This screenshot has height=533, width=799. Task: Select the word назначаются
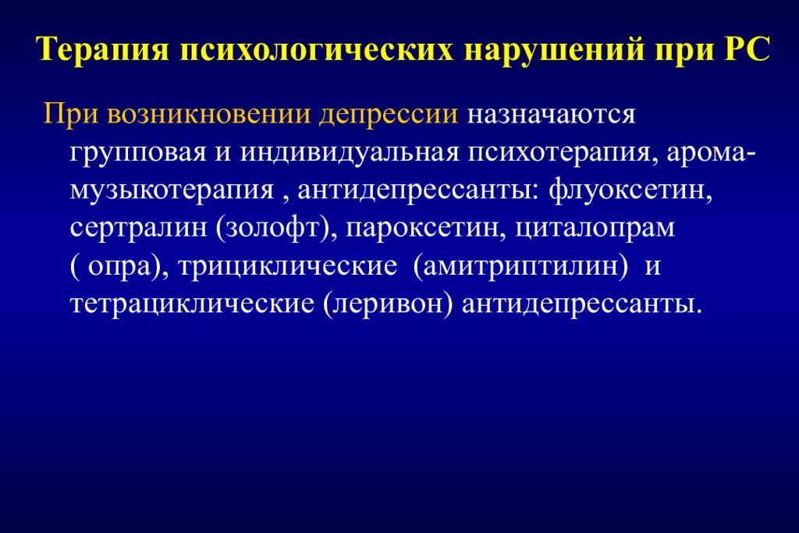coord(552,115)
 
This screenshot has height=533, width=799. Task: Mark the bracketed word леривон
coord(386,303)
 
